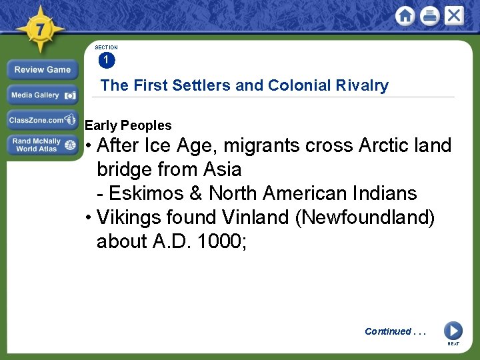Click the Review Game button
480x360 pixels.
click(x=43, y=69)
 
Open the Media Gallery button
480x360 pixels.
click(x=43, y=95)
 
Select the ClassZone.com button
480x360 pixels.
click(x=43, y=120)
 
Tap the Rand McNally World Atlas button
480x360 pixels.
click(x=43, y=145)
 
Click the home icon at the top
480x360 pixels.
click(x=405, y=16)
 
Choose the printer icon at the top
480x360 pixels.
click(x=429, y=16)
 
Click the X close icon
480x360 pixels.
click(x=454, y=16)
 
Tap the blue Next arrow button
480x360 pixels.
click(x=453, y=331)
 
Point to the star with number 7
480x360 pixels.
click(x=40, y=30)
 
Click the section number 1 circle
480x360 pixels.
click(x=107, y=61)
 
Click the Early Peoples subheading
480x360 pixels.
click(x=128, y=125)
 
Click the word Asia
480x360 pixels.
click(x=222, y=169)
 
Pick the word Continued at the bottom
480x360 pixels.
click(x=388, y=331)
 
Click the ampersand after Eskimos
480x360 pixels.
click(x=195, y=193)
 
